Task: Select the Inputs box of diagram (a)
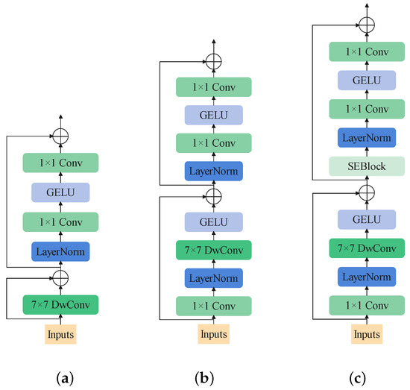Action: point(60,334)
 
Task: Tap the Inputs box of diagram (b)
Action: point(212,334)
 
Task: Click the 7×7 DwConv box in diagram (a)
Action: point(60,304)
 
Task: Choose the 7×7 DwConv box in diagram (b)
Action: point(212,249)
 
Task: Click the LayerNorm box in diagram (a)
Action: point(60,251)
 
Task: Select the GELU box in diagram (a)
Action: point(60,192)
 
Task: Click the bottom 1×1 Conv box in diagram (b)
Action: point(212,305)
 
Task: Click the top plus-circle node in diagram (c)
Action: point(365,24)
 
